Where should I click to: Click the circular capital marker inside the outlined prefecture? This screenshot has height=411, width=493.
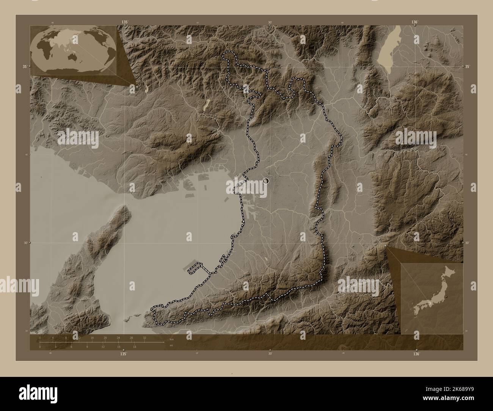266,181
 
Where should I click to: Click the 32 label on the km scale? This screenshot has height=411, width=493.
144,338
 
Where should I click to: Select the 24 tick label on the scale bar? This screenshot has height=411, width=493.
118,338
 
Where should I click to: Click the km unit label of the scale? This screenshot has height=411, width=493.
171,339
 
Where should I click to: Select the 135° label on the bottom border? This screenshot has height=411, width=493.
123,353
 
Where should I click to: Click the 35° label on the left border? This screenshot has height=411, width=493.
25,66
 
